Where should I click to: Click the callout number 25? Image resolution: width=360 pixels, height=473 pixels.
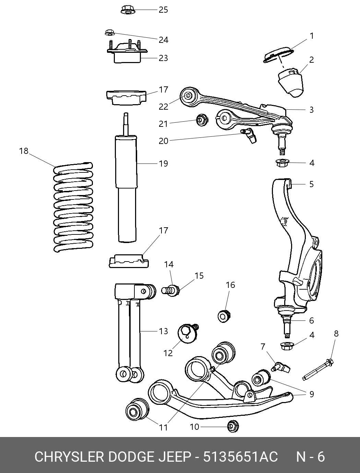click(163, 10)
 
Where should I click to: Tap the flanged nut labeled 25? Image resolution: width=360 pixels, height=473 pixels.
click(127, 10)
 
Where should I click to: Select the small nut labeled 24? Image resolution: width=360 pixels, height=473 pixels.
click(110, 33)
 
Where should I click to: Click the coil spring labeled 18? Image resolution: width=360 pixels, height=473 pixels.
click(73, 207)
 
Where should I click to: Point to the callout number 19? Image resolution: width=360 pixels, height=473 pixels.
click(163, 163)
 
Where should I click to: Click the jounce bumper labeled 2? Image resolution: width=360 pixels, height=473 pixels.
click(290, 82)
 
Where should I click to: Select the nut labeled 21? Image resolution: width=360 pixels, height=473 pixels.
click(202, 120)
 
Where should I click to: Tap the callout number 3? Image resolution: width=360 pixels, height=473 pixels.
click(312, 110)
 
